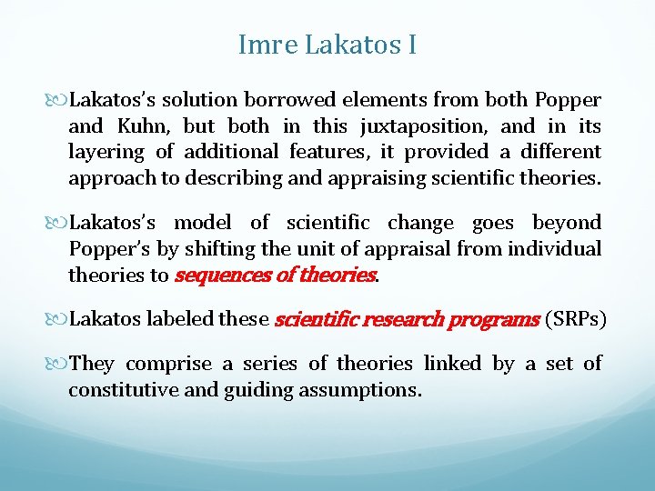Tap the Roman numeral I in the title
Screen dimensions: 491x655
(x=411, y=45)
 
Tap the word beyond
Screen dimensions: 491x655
(x=566, y=223)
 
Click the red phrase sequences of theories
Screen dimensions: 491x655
(x=275, y=275)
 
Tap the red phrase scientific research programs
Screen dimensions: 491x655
(x=407, y=319)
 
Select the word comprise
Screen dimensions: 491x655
(x=166, y=364)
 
